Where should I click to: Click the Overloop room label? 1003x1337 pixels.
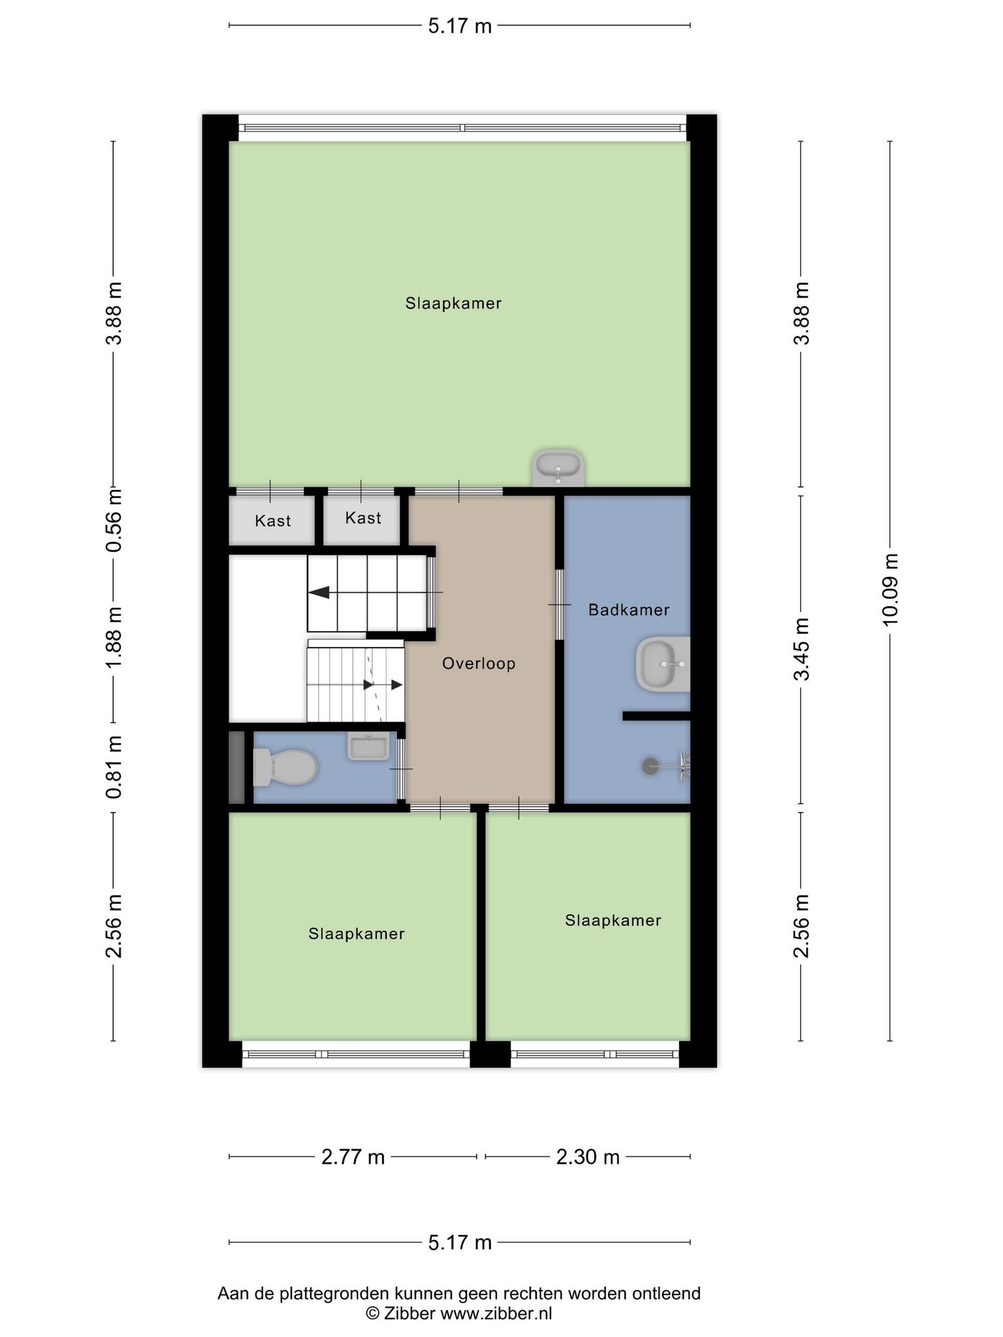[479, 663]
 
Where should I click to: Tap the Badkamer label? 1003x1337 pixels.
[629, 610]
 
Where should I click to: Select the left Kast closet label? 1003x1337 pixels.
[273, 521]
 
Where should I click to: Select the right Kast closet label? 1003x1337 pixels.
[363, 518]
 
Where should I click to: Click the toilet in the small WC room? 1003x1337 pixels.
[285, 767]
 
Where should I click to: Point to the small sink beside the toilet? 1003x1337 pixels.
[369, 746]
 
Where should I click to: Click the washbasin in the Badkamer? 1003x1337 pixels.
[662, 665]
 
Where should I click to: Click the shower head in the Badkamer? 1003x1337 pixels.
[650, 766]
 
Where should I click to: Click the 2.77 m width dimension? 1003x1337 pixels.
[353, 1157]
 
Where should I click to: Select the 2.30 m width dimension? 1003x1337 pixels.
[588, 1157]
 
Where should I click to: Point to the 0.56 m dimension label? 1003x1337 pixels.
[114, 520]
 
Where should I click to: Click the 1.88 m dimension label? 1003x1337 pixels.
[114, 637]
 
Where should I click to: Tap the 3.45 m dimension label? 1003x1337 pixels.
[801, 649]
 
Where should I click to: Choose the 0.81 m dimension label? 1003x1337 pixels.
[114, 767]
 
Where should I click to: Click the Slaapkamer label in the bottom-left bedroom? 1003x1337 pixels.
[357, 934]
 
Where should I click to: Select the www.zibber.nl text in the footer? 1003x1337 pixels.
[496, 1313]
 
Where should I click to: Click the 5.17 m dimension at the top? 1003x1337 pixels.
[460, 26]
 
